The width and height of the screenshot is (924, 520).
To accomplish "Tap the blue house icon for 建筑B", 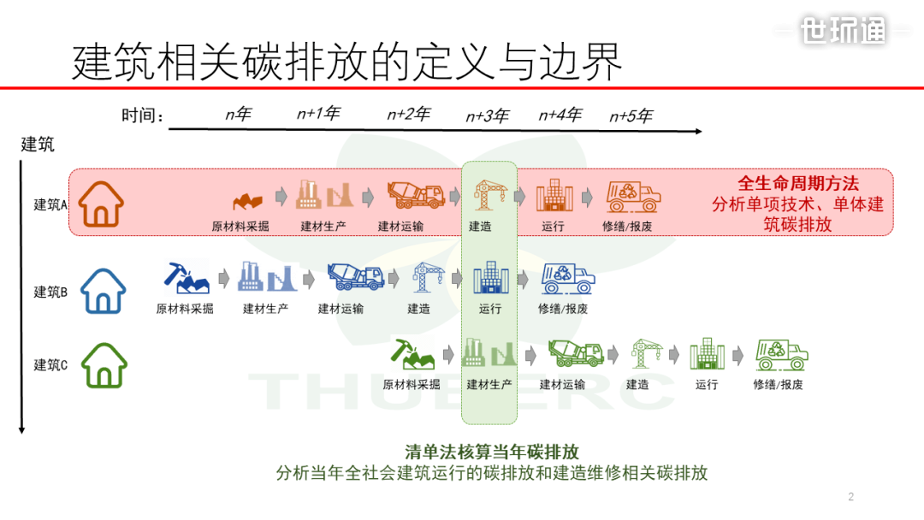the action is (104, 291).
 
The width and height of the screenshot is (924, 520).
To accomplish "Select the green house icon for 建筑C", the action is (104, 365).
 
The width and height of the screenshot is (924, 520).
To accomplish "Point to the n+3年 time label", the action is (488, 116).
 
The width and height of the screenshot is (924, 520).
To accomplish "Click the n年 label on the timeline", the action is (239, 114).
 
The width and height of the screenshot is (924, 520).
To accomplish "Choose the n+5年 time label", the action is (631, 116).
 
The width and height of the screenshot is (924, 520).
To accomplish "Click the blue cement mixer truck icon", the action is (356, 277).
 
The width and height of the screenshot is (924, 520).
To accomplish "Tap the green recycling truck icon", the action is (781, 355).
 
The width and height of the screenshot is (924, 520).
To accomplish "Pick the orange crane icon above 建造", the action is (489, 195).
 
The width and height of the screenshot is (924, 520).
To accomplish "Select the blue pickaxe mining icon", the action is (187, 278).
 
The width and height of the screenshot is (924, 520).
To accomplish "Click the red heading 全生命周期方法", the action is (798, 183).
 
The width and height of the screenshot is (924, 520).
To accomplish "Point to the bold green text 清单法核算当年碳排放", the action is (491, 452).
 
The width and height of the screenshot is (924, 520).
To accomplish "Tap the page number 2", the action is (851, 496).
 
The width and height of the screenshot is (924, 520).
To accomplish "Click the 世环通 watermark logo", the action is (844, 30).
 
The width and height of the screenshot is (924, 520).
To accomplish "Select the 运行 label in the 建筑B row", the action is (490, 309).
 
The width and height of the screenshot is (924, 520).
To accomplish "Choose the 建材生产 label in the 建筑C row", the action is (489, 385).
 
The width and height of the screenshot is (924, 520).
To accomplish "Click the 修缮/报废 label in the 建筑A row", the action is (627, 226).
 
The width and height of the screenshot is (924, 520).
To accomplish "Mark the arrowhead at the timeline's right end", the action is (700, 132).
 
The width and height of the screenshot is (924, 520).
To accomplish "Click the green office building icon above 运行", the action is (708, 354).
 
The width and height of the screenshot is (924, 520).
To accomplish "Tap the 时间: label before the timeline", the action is (142, 115).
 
